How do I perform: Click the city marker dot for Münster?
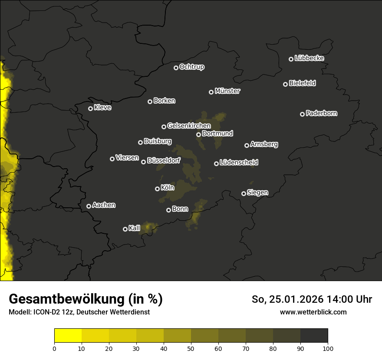(x=211, y=92)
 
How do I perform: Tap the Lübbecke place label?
(x=309, y=58)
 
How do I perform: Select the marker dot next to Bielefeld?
(x=285, y=84)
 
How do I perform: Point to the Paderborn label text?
(x=321, y=113)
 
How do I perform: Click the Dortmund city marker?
(x=198, y=134)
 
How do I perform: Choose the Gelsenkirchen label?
(x=189, y=126)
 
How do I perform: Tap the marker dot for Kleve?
(x=90, y=108)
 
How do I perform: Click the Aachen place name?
(x=104, y=205)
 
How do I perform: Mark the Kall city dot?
(x=125, y=229)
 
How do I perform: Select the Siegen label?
(x=257, y=193)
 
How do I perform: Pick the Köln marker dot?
(x=157, y=189)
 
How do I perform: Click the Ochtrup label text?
(x=191, y=67)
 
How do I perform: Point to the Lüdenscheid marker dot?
(x=216, y=164)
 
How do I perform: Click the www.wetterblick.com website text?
(x=313, y=312)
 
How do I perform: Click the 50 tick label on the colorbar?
(x=191, y=348)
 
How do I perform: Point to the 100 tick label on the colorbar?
(x=328, y=348)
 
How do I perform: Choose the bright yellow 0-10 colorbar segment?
(x=68, y=336)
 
